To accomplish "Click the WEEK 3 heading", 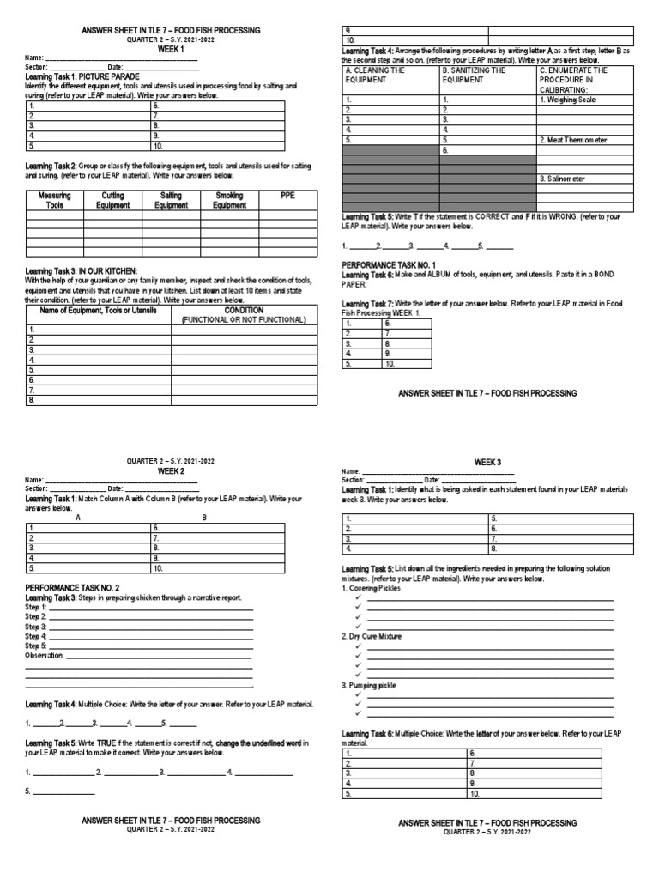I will coord(487,463).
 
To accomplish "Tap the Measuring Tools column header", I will coord(55,201).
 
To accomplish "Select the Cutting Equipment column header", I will coord(113,201).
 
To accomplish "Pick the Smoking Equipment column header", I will coord(229,201).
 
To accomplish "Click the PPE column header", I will coord(287,196).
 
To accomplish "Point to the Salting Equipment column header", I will coord(171,201).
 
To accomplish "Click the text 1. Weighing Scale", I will coord(566,100).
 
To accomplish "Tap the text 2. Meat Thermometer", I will coord(572,139).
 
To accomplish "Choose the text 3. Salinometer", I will coord(563,179).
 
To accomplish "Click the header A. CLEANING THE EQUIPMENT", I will coord(374,75).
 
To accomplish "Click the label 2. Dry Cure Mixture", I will coord(372,636).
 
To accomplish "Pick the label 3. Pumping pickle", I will coord(368,685).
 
